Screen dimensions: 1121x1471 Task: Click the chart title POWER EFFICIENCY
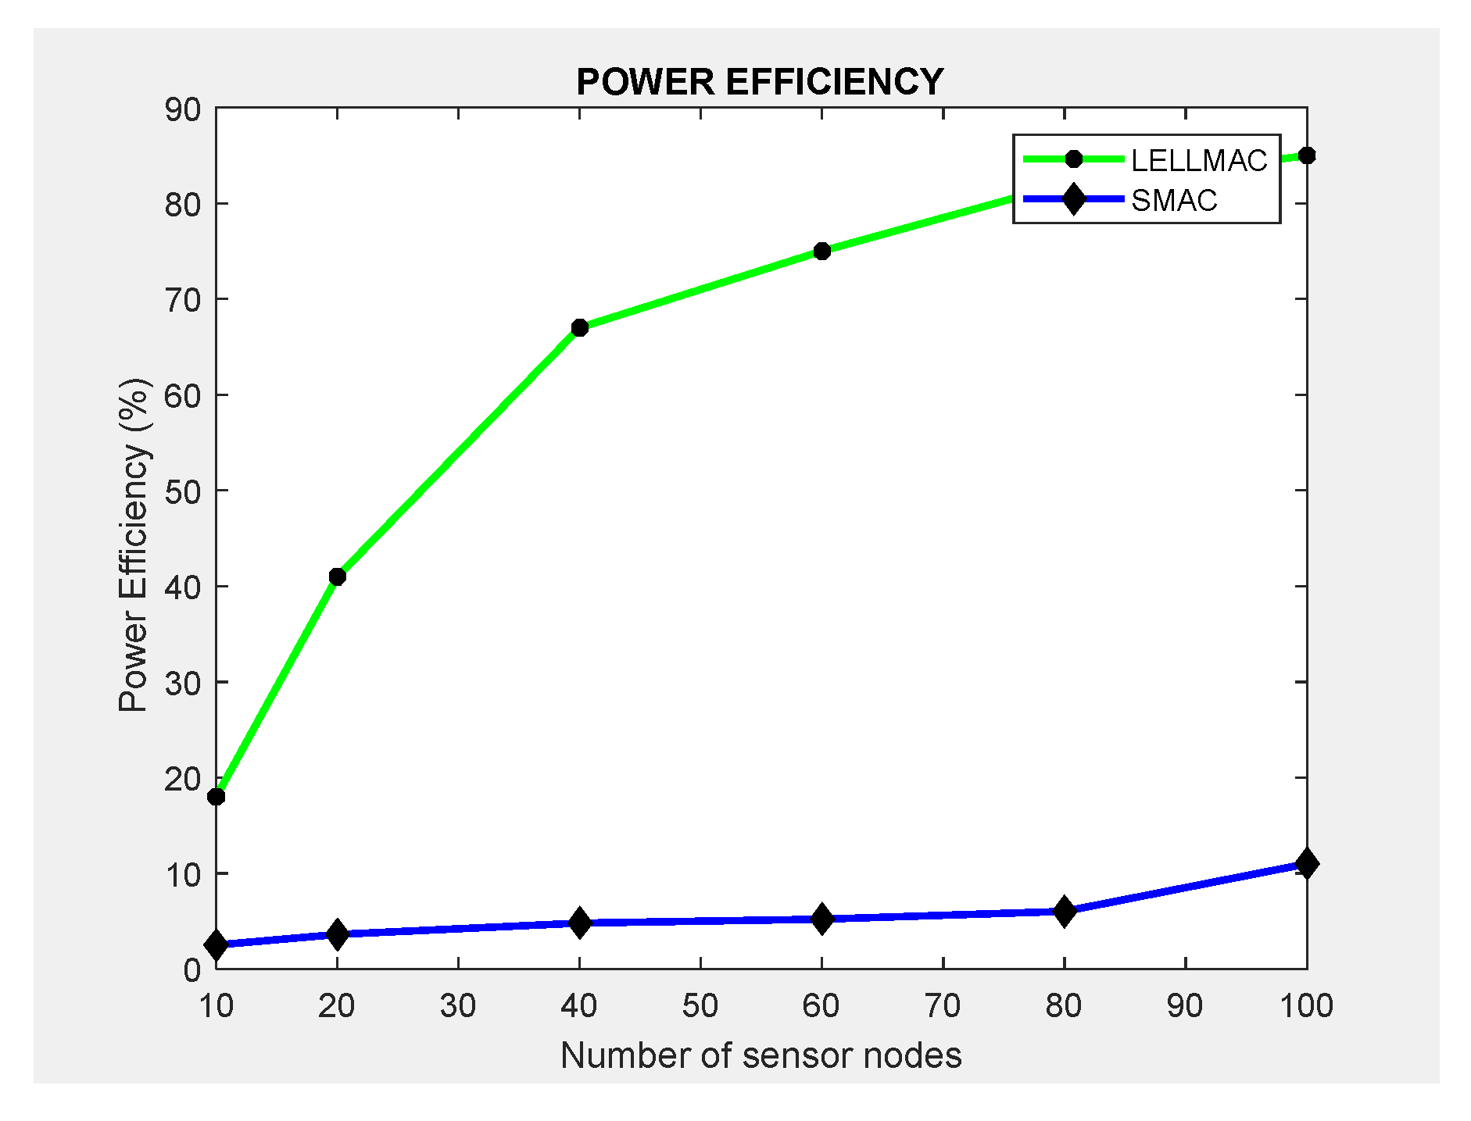point(760,82)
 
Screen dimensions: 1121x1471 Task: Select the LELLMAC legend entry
point(1198,160)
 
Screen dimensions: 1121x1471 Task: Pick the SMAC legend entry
point(1174,201)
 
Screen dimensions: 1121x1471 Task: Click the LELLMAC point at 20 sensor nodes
point(337,577)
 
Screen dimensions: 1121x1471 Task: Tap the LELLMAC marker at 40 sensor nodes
point(579,327)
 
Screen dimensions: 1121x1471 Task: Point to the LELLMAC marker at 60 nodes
point(821,251)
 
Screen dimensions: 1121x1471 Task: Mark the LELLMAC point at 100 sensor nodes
point(1306,155)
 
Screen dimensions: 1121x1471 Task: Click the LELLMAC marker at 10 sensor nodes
point(217,796)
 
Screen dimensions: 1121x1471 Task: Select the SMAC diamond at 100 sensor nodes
point(1306,863)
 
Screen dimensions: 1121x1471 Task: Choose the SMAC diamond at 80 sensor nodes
point(1064,911)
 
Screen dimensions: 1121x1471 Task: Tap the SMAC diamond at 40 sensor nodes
point(579,923)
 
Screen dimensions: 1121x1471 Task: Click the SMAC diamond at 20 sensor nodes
point(337,934)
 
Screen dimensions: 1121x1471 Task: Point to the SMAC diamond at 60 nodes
point(821,919)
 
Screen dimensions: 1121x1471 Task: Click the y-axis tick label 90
point(182,110)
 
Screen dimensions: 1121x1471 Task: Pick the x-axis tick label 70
point(943,1006)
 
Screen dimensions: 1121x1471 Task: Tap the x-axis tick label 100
point(1306,1006)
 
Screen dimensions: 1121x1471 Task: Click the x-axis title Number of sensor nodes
point(761,1055)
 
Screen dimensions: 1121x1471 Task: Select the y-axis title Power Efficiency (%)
point(134,544)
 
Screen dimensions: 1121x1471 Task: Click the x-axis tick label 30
point(458,1006)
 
